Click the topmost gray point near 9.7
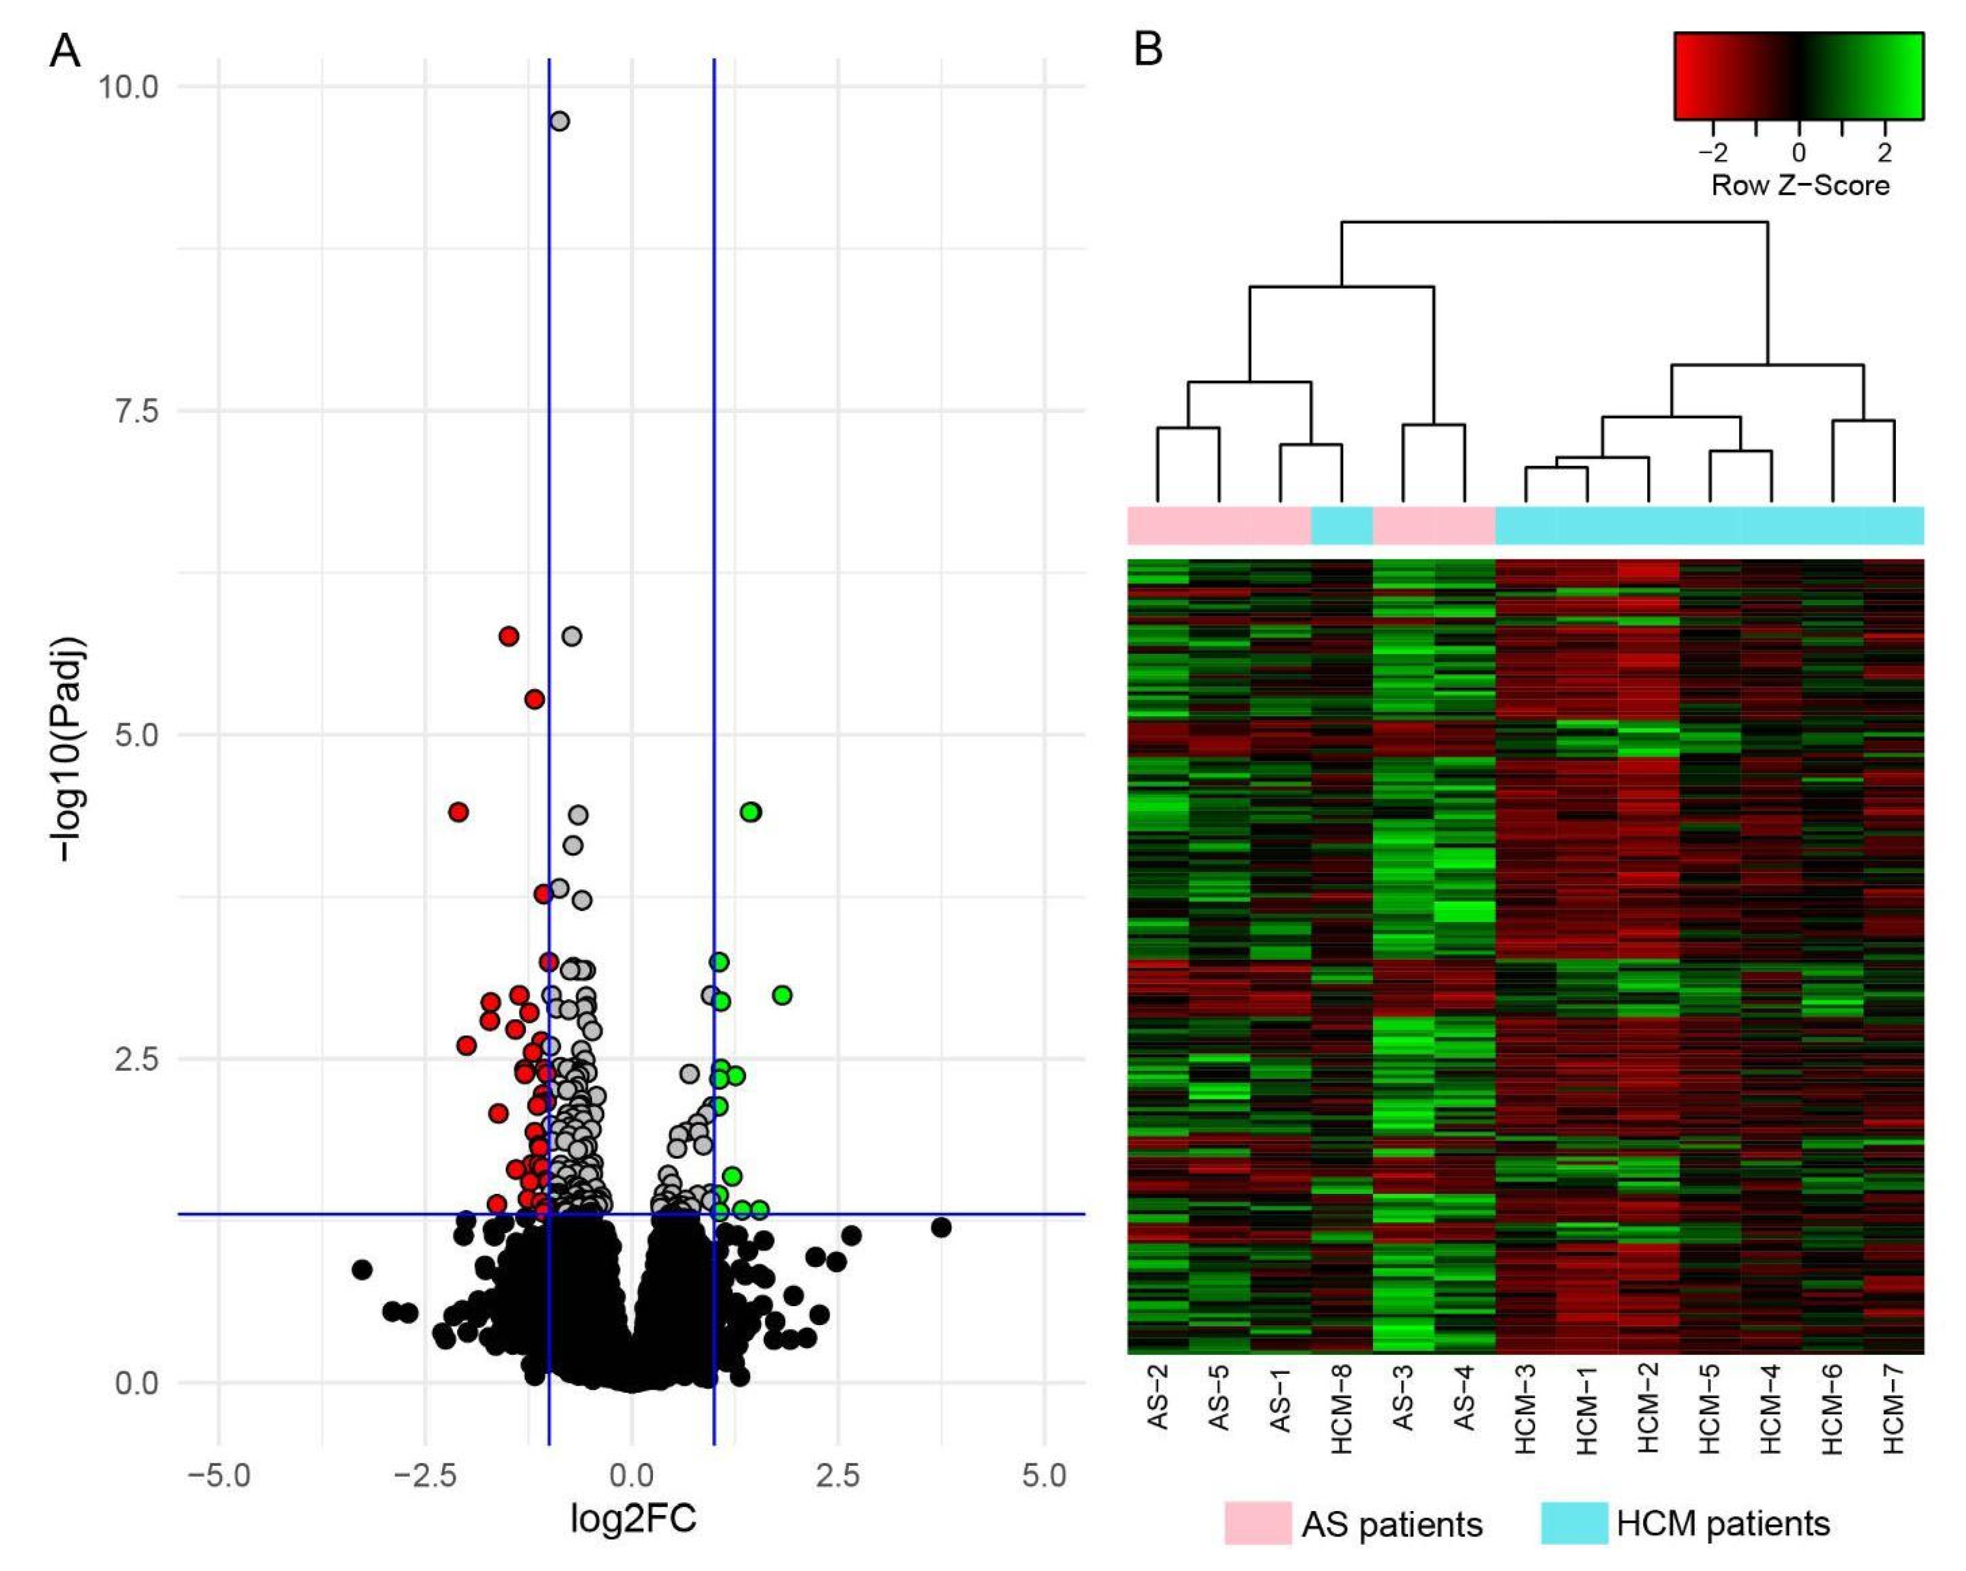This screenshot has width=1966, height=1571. (x=560, y=121)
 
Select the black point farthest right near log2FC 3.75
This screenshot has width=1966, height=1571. (x=941, y=1228)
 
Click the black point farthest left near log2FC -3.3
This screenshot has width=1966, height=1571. (x=362, y=1270)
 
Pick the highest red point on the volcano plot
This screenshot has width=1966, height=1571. (x=509, y=636)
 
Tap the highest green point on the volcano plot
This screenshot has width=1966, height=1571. (x=750, y=812)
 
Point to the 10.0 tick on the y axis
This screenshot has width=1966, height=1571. (x=128, y=87)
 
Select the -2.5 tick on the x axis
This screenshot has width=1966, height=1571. (x=425, y=1475)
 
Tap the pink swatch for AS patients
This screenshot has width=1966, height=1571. (x=1257, y=1523)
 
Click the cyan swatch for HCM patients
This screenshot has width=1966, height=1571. (x=1574, y=1523)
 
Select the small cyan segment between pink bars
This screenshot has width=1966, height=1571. (x=1342, y=526)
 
